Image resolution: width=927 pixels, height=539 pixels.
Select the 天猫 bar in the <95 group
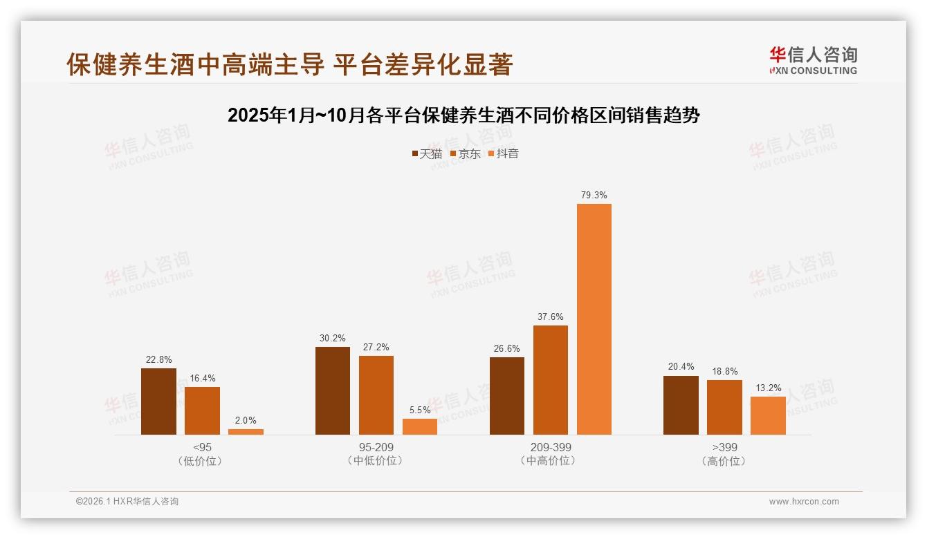158,401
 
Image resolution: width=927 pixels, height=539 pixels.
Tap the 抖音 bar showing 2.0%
246,431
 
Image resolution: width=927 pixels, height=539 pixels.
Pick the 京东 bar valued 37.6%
551,380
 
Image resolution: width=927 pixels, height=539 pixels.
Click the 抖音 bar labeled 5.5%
420,426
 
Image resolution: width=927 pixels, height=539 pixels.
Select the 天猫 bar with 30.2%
333,390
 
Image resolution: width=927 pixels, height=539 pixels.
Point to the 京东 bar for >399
724,407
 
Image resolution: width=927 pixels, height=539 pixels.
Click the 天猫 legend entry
427,153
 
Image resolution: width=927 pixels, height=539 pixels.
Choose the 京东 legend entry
465,153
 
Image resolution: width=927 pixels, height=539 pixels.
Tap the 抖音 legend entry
504,153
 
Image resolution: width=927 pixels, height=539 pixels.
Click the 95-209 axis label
376,447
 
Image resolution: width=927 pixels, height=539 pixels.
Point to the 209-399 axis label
551,447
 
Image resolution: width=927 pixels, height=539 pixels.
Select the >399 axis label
724,447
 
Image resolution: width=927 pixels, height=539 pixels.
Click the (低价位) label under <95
202,461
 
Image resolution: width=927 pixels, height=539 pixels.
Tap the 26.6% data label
507,348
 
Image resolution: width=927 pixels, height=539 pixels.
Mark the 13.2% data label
768,388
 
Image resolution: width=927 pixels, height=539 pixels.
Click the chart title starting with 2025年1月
463,115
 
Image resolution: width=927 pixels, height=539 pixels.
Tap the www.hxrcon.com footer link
804,502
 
